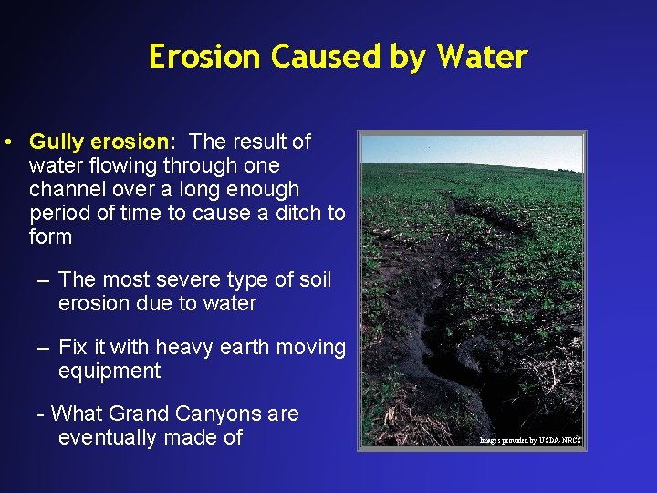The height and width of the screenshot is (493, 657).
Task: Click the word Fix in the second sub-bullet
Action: click(x=73, y=347)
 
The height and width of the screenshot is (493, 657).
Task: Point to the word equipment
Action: click(x=109, y=371)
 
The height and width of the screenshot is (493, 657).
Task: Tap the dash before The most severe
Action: click(x=43, y=279)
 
